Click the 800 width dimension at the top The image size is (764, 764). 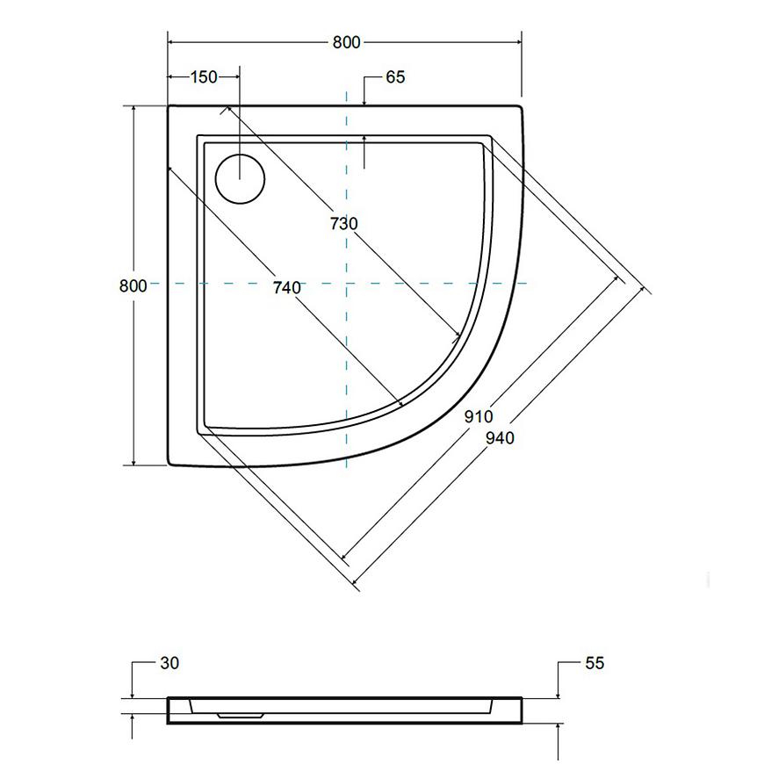(x=346, y=42)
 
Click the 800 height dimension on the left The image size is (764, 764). (x=133, y=285)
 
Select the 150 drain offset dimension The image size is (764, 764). (x=204, y=77)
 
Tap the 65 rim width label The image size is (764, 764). (x=395, y=77)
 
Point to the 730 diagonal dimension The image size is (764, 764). (x=344, y=224)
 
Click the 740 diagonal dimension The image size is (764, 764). (x=286, y=287)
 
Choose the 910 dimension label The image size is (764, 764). (x=479, y=416)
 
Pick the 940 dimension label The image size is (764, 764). (x=500, y=438)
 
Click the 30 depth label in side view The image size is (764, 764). (x=169, y=663)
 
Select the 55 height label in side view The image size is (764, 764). (x=595, y=663)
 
